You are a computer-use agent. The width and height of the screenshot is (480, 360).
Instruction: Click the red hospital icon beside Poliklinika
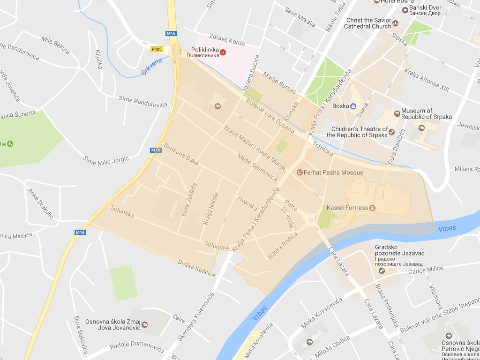223,52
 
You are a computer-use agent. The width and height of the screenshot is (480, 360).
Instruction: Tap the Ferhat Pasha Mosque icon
300,172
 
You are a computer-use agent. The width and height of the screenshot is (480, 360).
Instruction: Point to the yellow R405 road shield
156,49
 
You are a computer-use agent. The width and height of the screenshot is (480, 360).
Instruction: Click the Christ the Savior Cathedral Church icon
395,23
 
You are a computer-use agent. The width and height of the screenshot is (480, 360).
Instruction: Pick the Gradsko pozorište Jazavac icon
382,270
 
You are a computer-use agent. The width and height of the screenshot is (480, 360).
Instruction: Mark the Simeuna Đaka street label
181,155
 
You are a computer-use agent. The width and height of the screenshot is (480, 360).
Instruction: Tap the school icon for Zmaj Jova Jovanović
145,324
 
